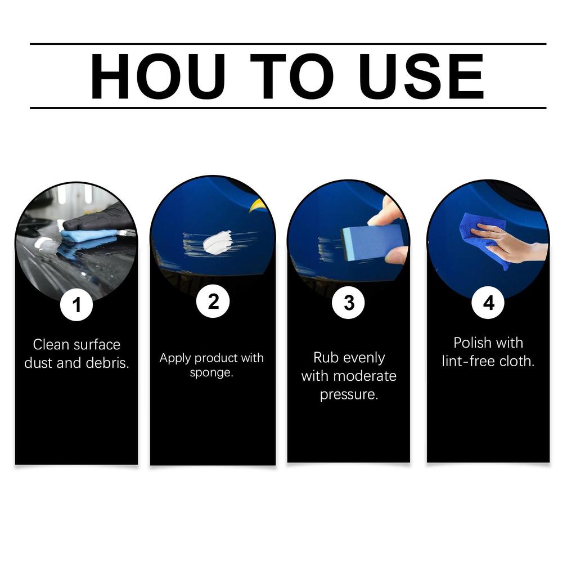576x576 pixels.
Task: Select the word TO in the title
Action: [x=291, y=76]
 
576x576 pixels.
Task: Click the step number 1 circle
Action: [x=76, y=305]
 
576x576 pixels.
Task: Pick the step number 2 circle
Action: [x=213, y=302]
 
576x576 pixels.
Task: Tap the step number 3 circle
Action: [x=349, y=303]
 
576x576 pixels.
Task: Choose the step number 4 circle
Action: [x=488, y=303]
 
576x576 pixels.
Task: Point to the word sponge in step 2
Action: [x=211, y=373]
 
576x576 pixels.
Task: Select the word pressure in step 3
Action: [x=349, y=394]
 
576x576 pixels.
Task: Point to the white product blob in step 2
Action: [x=217, y=242]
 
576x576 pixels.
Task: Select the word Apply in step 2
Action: [x=174, y=358]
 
